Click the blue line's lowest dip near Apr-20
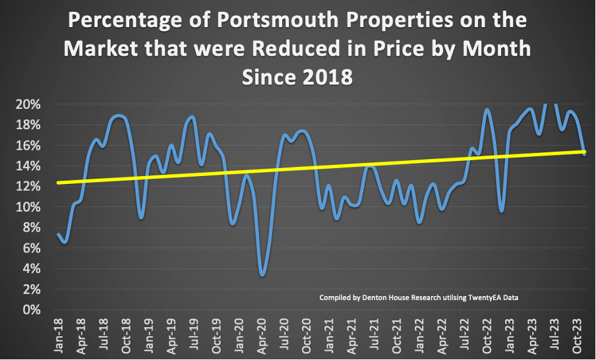(x=263, y=275)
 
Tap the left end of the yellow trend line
(x=58, y=183)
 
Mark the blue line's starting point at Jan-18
(x=58, y=234)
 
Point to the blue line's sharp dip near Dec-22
(x=502, y=211)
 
